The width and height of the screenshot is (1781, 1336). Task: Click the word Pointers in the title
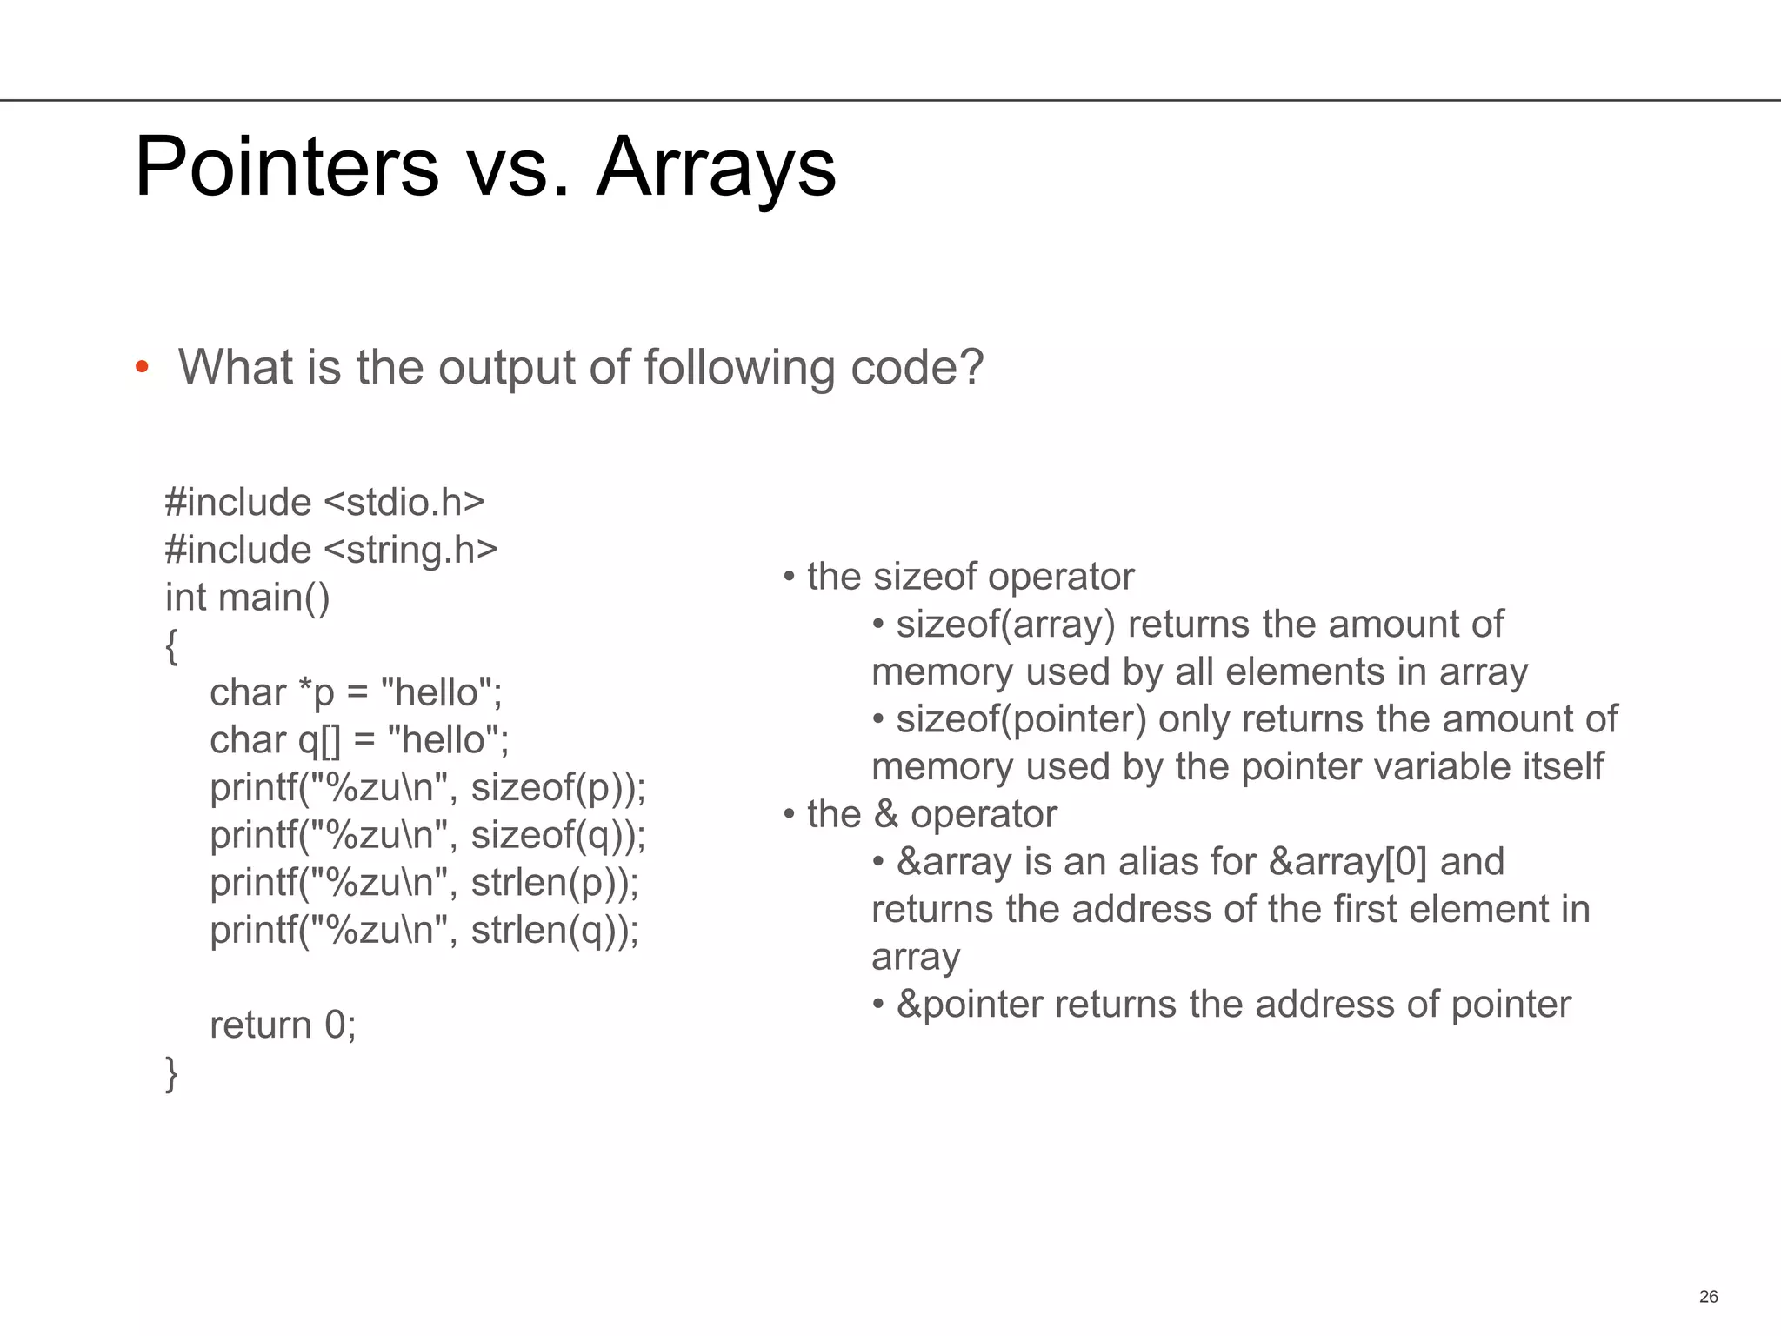point(287,166)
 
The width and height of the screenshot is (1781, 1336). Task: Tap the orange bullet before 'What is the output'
point(142,367)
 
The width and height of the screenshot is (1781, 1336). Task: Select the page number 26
point(1708,1297)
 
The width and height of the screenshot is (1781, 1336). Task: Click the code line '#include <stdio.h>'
point(324,503)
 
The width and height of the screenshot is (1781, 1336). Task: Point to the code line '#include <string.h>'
point(331,550)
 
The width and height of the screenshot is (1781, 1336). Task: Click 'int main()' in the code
point(248,598)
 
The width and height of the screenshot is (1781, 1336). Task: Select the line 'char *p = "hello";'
point(356,692)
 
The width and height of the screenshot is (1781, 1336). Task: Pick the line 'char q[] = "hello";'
point(359,740)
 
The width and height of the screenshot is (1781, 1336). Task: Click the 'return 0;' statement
point(283,1025)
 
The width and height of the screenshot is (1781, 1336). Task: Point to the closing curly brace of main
point(171,1073)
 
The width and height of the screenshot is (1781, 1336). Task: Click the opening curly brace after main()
point(171,645)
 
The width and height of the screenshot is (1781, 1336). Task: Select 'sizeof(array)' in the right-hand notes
point(1005,625)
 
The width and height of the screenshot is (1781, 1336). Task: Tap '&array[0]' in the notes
point(1348,862)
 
